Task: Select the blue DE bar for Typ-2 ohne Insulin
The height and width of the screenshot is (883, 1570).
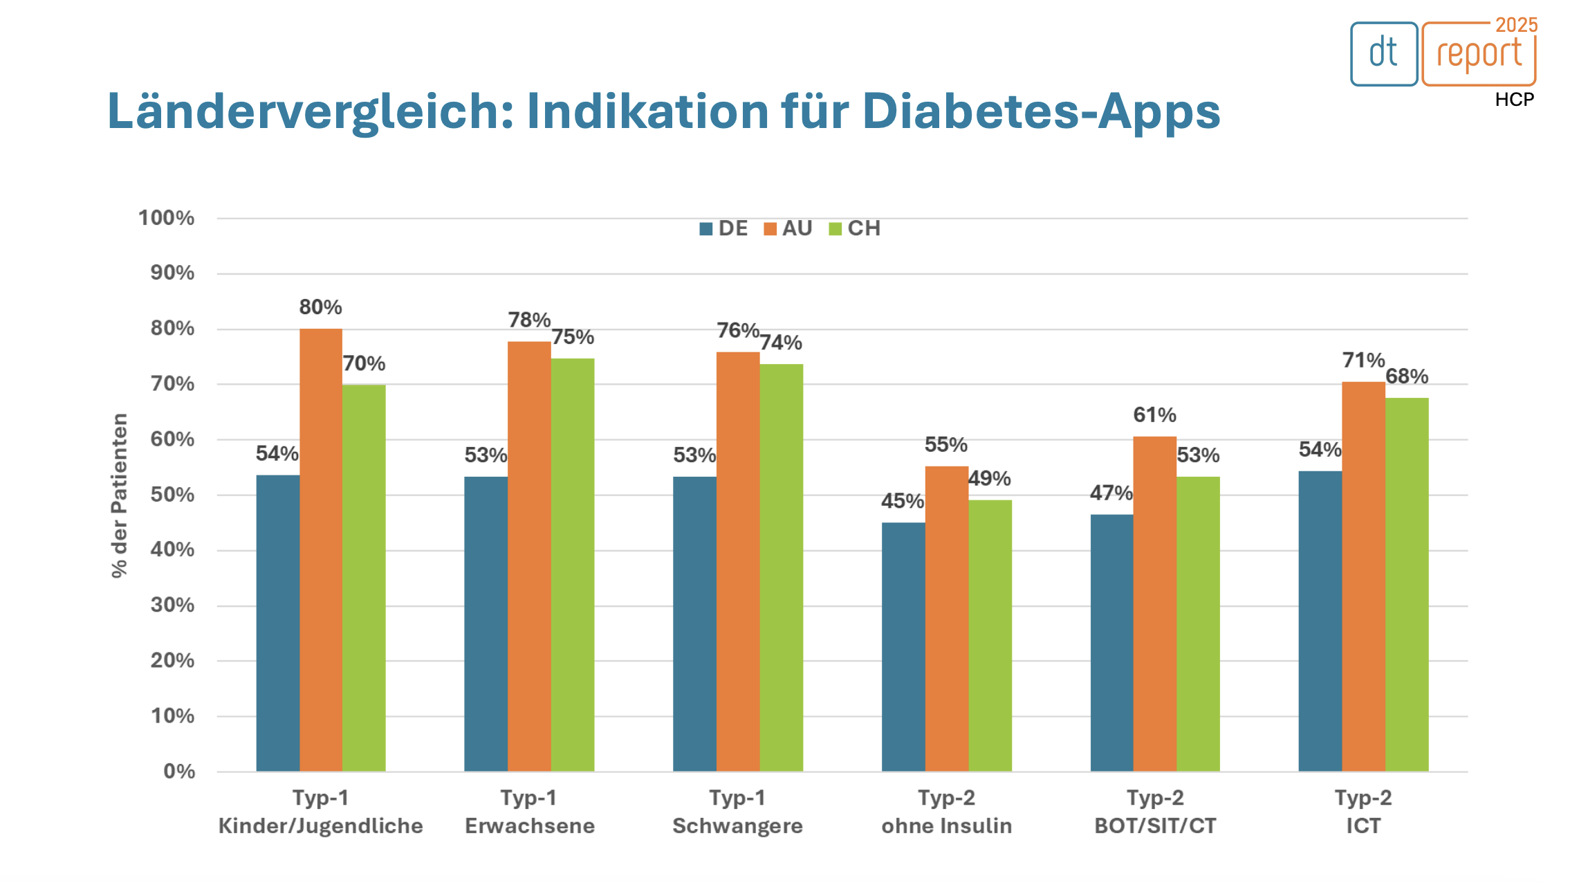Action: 903,646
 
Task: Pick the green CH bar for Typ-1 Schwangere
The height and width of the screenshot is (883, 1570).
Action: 781,567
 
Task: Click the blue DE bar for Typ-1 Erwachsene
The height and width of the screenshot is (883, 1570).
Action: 486,623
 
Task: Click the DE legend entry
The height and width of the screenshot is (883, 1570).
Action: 723,228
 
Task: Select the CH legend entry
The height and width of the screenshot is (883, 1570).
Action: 855,228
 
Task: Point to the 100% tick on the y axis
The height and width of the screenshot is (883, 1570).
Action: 166,218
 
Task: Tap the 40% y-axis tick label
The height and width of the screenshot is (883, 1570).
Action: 172,549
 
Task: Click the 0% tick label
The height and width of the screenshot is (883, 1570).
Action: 179,771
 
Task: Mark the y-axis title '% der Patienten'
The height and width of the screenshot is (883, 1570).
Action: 120,495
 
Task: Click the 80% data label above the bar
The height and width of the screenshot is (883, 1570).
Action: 320,307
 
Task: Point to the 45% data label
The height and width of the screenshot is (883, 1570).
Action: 902,501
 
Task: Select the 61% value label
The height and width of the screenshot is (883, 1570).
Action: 1154,415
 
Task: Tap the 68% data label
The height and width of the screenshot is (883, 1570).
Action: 1407,376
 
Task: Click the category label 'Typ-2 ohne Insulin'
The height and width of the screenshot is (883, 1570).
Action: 946,812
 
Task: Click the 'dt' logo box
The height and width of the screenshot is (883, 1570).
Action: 1383,54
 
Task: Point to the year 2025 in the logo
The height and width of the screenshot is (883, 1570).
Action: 1516,25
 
